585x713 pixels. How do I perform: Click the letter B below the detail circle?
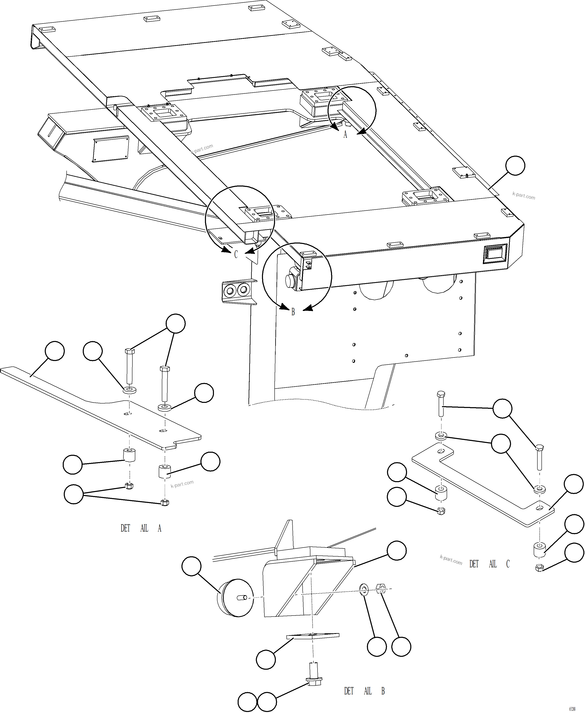pos(293,312)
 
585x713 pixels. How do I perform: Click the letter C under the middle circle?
pos(236,254)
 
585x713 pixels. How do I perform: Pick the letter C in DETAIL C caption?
pos(508,564)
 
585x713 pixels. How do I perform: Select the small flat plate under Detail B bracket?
pos(312,636)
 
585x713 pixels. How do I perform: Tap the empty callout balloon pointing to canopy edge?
pos(515,165)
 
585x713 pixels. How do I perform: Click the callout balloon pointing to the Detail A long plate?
pos(55,351)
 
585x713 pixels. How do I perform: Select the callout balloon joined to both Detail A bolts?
pos(176,323)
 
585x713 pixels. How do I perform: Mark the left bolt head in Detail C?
pos(441,394)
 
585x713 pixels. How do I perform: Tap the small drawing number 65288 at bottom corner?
pos(572,709)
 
